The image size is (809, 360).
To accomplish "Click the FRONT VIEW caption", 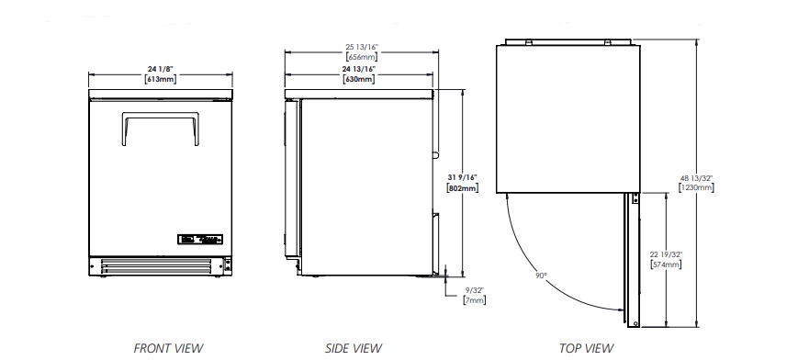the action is point(168,348).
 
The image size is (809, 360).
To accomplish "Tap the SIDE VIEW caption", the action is point(354,348).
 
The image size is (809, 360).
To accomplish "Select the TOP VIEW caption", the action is point(587,348).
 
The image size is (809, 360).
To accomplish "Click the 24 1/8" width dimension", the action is point(160,69).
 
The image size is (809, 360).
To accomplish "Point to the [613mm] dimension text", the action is point(160,79).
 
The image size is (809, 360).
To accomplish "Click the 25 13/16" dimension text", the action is point(362,47).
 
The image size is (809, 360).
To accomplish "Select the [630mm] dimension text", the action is point(358,79).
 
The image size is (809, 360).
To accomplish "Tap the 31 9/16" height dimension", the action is point(462,178).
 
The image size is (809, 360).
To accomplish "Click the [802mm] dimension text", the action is point(462,188).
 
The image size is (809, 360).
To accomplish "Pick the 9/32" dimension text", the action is point(475,290).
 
